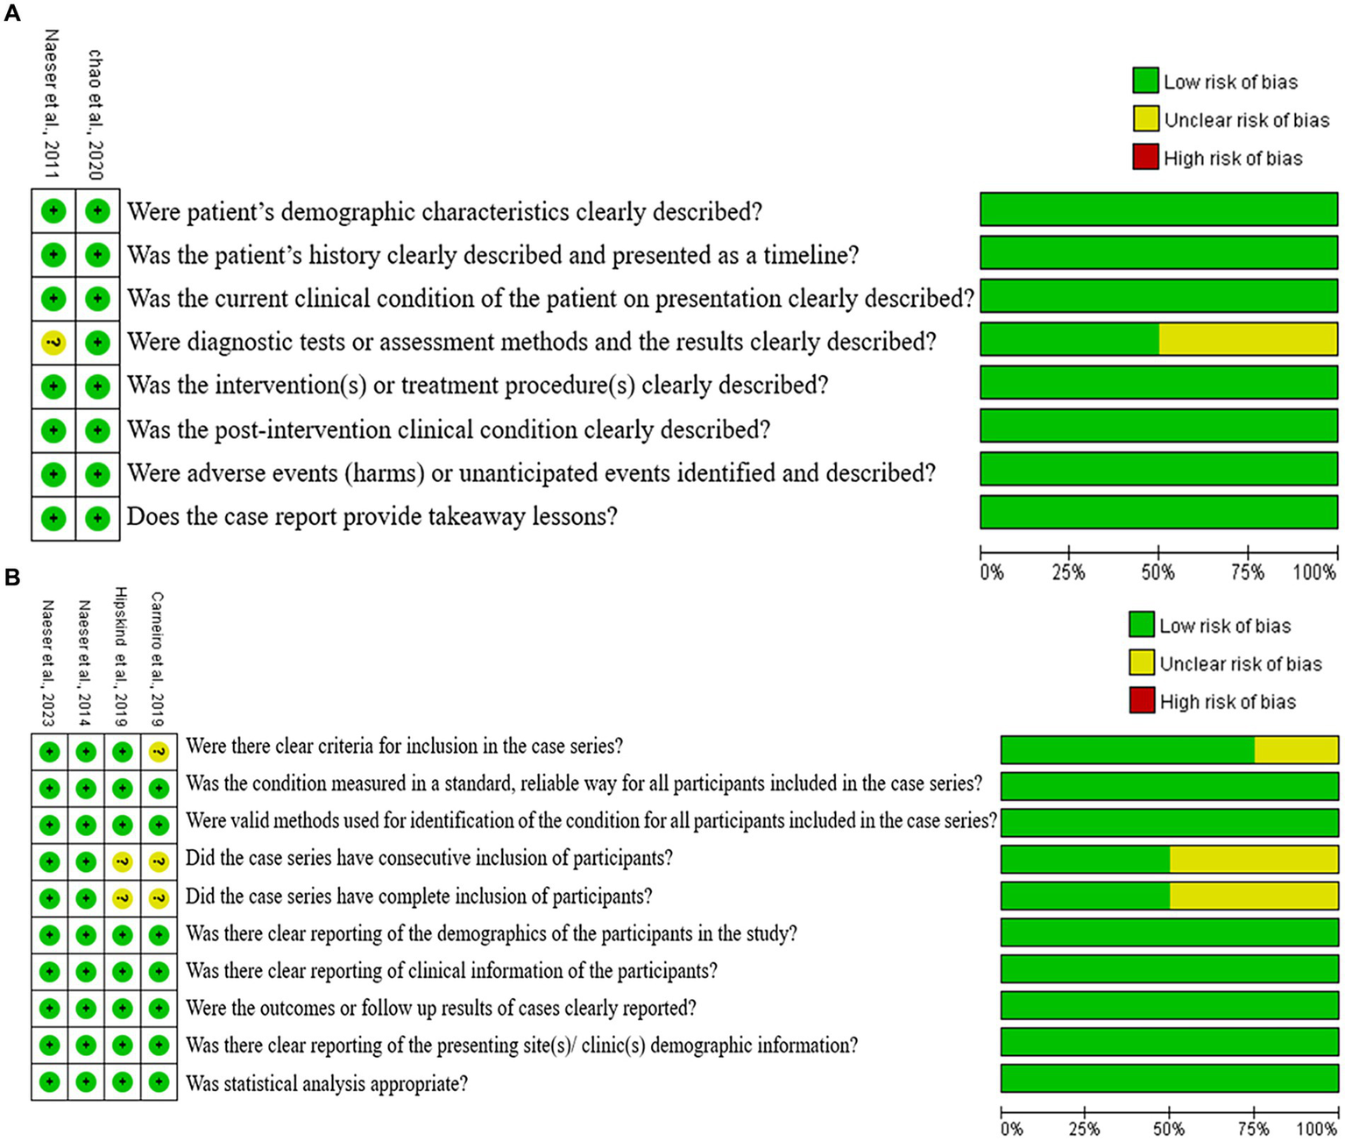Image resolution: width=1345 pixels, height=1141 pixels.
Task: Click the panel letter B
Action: point(11,578)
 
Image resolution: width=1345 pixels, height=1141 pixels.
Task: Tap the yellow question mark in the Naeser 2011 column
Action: point(53,343)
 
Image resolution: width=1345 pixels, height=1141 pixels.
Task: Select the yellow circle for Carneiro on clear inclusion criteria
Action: point(159,751)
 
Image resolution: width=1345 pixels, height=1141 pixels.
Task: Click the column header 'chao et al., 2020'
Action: point(96,114)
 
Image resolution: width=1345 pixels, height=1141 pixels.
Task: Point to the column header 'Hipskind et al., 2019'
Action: point(122,656)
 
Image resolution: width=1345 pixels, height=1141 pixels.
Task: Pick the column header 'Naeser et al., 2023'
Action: point(48,663)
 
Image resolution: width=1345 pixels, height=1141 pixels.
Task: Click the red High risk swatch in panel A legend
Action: point(1145,158)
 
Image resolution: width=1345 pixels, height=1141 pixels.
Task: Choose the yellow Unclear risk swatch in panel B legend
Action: point(1142,663)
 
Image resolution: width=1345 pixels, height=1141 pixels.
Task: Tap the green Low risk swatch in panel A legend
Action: point(1145,81)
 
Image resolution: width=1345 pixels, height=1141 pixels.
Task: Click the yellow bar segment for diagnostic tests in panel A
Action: point(1248,339)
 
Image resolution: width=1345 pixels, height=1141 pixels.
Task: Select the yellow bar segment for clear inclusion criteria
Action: point(1296,750)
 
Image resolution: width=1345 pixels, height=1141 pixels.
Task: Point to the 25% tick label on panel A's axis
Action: point(1068,573)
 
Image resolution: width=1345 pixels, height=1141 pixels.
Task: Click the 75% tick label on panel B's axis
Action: point(1254,1129)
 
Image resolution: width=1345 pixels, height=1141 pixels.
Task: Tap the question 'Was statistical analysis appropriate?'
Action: point(327,1084)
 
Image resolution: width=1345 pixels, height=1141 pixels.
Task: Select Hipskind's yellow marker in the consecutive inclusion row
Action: point(122,862)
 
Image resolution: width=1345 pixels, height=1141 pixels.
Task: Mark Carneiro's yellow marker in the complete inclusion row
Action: point(159,898)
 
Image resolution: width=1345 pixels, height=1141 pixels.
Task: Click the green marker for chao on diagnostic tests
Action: point(97,343)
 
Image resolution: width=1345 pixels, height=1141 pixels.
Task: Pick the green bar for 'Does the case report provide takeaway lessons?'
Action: point(1158,513)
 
